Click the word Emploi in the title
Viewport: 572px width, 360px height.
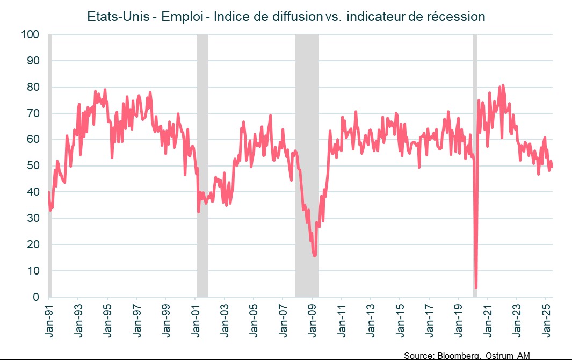[x=183, y=17]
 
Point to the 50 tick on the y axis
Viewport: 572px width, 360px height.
[x=34, y=166]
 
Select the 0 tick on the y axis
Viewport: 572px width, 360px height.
[x=37, y=297]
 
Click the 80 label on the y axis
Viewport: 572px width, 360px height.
[x=34, y=87]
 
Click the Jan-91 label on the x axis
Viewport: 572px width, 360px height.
[x=49, y=320]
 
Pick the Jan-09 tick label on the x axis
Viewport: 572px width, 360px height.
[x=313, y=320]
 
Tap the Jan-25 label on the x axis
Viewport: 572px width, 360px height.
[x=547, y=320]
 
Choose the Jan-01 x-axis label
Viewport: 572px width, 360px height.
[x=196, y=320]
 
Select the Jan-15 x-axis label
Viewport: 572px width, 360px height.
[x=400, y=320]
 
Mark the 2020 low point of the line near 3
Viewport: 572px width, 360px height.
[x=476, y=288]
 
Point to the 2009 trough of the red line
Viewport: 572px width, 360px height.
[x=315, y=255]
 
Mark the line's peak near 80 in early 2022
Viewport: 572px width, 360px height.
[x=503, y=85]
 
